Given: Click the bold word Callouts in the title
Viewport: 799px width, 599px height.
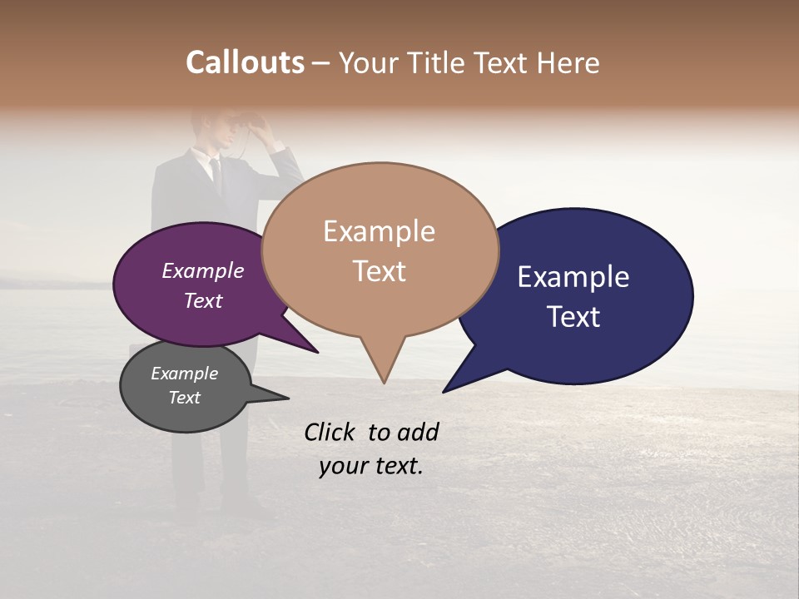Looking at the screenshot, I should pyautogui.click(x=245, y=62).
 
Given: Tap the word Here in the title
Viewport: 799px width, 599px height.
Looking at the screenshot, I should pyautogui.click(x=569, y=62).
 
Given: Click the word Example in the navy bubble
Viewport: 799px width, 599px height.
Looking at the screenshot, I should pyautogui.click(x=573, y=277).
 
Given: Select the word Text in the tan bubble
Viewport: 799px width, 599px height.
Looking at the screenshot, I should pyautogui.click(x=380, y=271).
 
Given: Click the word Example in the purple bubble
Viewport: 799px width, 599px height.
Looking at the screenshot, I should pyautogui.click(x=203, y=271).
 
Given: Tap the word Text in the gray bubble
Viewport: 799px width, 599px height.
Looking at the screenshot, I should pyautogui.click(x=185, y=398).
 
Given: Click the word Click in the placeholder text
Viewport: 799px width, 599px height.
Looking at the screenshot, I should pyautogui.click(x=331, y=432).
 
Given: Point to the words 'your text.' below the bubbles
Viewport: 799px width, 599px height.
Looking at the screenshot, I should pyautogui.click(x=371, y=466).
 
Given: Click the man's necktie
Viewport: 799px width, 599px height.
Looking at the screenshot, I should pyautogui.click(x=216, y=171).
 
